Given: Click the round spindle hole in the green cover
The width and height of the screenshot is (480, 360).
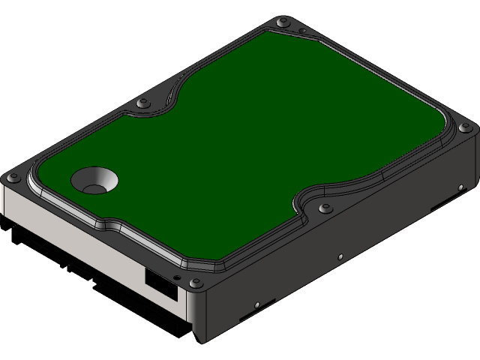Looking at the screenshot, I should click(x=94, y=180).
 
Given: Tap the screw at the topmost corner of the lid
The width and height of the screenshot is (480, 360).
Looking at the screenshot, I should click(x=282, y=25).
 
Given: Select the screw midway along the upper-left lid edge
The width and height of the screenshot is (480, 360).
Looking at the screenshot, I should click(x=142, y=103).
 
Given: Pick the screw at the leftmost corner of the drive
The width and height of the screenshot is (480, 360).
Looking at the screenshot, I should click(x=13, y=178).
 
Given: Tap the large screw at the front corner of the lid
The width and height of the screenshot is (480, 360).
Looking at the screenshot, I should click(x=196, y=283).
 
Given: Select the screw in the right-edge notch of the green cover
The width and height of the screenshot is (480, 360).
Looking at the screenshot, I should click(x=324, y=208).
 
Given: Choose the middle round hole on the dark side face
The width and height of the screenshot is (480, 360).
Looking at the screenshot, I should click(x=340, y=255).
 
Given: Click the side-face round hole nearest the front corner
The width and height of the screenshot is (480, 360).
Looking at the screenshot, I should click(x=257, y=305).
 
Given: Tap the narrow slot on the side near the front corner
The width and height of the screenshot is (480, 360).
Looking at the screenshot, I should click(x=252, y=317).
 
